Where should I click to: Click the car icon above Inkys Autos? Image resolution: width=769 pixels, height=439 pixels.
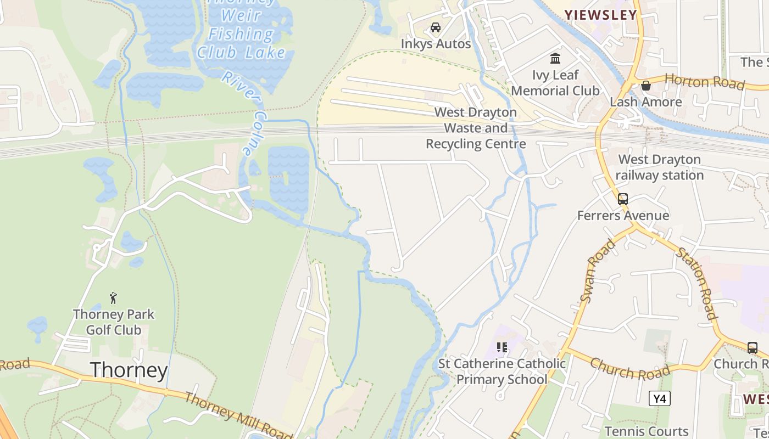point(436,27)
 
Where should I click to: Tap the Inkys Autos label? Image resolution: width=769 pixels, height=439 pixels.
point(436,44)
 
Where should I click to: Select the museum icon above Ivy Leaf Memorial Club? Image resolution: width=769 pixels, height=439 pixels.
point(555,58)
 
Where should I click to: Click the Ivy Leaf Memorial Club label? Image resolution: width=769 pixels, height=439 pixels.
point(555,83)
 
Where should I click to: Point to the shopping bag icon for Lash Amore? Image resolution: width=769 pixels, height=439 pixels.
point(646,86)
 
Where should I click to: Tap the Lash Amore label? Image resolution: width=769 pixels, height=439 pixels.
point(646,102)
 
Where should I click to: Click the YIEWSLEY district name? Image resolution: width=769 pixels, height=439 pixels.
point(601,15)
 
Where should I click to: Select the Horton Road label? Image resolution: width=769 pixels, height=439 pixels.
point(705,81)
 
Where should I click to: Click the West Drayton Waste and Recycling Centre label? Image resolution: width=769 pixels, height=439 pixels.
point(476,128)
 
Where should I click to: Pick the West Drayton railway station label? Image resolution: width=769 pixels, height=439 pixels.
point(659,167)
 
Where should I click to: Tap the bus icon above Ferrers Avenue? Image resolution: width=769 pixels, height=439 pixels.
point(623,199)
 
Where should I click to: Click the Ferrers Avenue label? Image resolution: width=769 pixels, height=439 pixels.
point(623,216)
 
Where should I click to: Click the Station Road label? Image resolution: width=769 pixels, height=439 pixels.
point(696,283)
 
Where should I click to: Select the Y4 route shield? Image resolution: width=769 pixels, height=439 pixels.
point(659,398)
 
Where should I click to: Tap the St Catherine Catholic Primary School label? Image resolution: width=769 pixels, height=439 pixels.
point(501,372)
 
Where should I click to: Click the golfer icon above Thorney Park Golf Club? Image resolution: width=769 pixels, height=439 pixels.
point(114,298)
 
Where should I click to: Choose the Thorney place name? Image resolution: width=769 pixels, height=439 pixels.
point(129,370)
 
